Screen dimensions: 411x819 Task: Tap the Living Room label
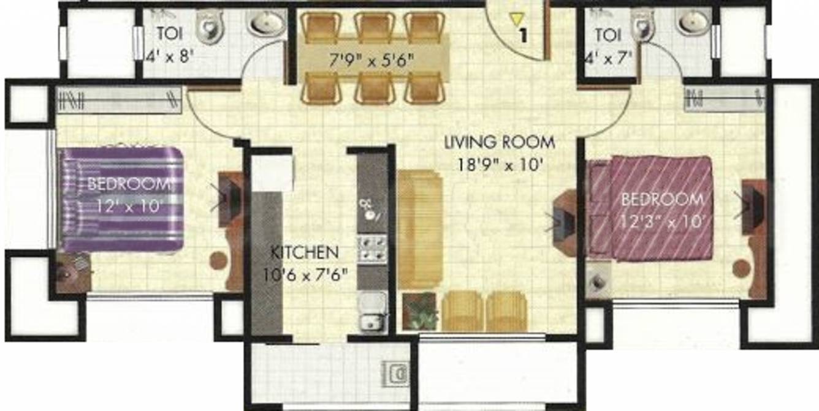(500, 143)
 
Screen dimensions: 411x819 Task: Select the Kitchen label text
(305, 252)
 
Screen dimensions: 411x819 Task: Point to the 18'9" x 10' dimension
(500, 164)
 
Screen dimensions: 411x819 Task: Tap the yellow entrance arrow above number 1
(516, 21)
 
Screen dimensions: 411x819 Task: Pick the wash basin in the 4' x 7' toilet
(693, 23)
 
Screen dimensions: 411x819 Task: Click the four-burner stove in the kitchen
(371, 248)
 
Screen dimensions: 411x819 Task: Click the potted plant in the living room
(421, 311)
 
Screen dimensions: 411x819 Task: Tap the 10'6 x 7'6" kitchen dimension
(305, 274)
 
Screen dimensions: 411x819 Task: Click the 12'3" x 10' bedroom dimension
(663, 221)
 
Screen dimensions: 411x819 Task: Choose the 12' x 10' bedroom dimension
(128, 206)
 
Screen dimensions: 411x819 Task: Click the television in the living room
(562, 221)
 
